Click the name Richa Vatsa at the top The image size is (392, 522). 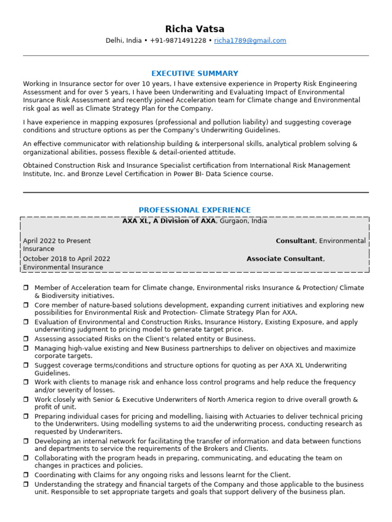pos(194,29)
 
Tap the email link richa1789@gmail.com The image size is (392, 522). pos(250,41)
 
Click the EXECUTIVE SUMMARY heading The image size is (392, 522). pos(194,73)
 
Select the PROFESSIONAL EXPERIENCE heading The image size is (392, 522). pos(194,210)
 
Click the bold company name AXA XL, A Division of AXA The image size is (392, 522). pos(169,221)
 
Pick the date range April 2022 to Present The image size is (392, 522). pos(57,241)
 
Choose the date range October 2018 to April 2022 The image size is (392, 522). pos(66,259)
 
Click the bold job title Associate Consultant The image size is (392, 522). pos(284,259)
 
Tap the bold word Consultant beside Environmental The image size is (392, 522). pos(295,241)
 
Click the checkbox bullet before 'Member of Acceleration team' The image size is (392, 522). pos(26,288)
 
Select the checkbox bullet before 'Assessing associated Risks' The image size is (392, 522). pos(26,339)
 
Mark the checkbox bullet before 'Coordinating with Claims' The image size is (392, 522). pos(26,475)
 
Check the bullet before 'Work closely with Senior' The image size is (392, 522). pos(26,400)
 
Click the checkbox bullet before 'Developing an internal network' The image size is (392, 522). pos(26,441)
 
